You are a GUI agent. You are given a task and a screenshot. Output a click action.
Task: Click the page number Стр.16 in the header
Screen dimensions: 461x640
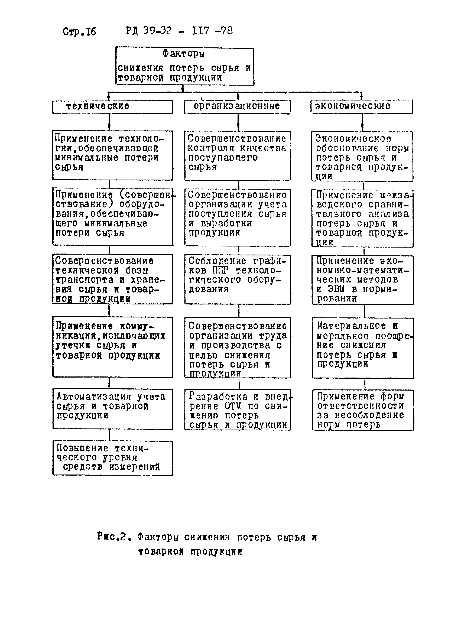[x=79, y=32]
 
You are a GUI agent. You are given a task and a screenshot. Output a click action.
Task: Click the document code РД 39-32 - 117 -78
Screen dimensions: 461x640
[x=179, y=31]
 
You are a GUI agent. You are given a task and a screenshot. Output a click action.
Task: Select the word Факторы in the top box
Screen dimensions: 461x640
[x=183, y=53]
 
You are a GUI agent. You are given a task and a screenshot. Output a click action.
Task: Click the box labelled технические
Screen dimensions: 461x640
[x=112, y=107]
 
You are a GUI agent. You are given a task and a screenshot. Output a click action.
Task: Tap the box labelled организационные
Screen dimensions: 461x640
[x=237, y=107]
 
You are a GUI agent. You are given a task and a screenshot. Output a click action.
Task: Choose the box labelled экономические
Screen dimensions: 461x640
[x=361, y=106]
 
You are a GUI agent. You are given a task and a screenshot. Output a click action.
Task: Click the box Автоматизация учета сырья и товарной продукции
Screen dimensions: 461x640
[x=112, y=409]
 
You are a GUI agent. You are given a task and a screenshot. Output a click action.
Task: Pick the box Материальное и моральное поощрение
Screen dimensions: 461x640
[x=362, y=348]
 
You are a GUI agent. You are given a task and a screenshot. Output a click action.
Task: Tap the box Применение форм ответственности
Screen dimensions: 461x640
[x=362, y=410]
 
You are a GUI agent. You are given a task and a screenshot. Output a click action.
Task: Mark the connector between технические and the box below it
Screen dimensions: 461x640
[x=109, y=122]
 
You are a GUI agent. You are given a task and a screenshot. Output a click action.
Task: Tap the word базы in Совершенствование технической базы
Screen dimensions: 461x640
[x=137, y=271]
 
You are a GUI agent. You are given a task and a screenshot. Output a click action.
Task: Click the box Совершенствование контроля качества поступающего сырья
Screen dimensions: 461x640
[x=238, y=156]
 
